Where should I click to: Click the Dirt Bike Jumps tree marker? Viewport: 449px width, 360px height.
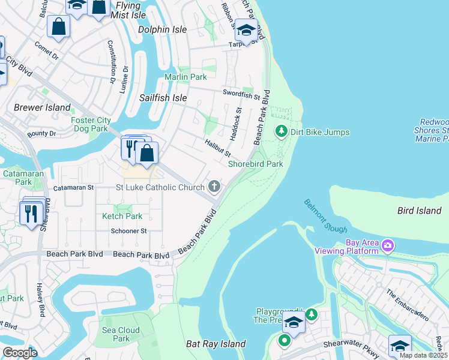pyautogui.click(x=280, y=131)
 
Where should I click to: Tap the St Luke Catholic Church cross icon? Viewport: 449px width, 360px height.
pyautogui.click(x=214, y=187)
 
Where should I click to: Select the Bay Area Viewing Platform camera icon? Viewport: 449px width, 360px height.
pyautogui.click(x=388, y=245)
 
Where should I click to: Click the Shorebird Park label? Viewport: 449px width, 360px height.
pyautogui.click(x=255, y=164)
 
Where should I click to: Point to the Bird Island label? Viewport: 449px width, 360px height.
pyautogui.click(x=419, y=211)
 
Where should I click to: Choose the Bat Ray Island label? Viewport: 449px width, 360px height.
pyautogui.click(x=215, y=344)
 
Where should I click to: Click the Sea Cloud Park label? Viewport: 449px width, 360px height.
pyautogui.click(x=121, y=334)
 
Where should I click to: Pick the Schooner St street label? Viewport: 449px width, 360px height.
pyautogui.click(x=128, y=231)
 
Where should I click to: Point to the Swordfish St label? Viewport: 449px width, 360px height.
pyautogui.click(x=240, y=94)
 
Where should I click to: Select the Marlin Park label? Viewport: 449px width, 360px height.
pyautogui.click(x=185, y=77)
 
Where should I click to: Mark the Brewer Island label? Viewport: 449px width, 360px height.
pyautogui.click(x=42, y=107)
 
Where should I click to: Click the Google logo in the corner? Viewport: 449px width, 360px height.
pyautogui.click(x=20, y=352)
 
